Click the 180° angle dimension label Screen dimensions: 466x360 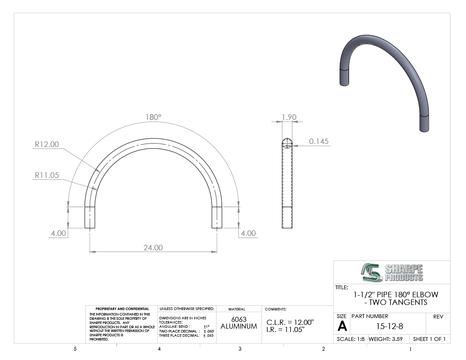click(x=153, y=117)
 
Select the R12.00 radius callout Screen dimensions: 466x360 click(x=47, y=144)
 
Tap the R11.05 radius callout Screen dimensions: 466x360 click(x=47, y=175)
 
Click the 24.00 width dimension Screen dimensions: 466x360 click(x=153, y=248)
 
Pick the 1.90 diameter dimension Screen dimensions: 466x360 click(x=289, y=117)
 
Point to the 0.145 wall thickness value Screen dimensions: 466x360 click(x=319, y=141)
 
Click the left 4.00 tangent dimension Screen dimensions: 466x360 click(x=58, y=233)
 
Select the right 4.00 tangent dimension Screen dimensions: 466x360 click(x=248, y=233)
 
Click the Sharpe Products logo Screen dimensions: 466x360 click(x=392, y=272)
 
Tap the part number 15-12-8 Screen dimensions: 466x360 click(x=390, y=327)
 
